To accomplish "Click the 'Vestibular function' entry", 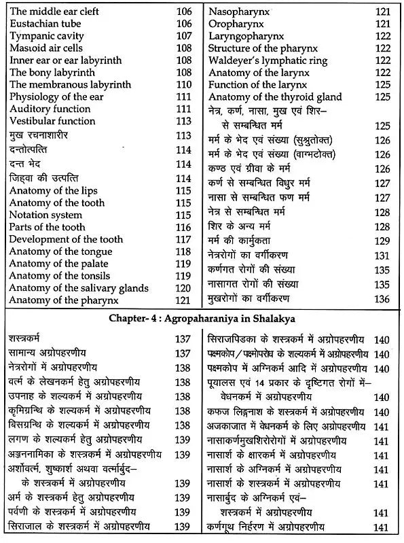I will (x=52, y=121).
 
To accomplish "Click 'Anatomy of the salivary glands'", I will (x=79, y=288).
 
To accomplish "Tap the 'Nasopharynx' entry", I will (x=238, y=12).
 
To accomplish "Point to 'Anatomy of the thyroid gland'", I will (x=275, y=98).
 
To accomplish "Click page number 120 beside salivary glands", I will (x=183, y=288).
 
